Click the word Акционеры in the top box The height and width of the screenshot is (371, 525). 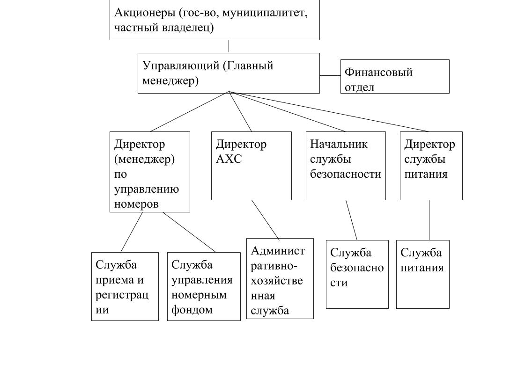point(145,13)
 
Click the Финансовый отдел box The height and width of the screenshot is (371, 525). point(395,76)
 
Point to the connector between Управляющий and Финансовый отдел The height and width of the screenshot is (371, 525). point(330,76)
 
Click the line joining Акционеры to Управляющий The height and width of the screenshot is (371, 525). point(229,46)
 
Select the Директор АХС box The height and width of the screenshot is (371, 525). point(251,166)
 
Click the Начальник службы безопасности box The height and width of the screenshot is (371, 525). point(346,166)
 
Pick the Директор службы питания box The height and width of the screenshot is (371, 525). point(431,166)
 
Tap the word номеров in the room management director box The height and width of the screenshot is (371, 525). point(136,204)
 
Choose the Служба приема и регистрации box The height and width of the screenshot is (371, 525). point(125,286)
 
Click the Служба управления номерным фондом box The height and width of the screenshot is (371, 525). point(204,286)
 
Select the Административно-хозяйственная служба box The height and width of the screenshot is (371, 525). point(280,278)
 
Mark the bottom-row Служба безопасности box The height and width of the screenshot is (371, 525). point(357,274)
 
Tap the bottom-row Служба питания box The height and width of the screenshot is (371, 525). point(423,274)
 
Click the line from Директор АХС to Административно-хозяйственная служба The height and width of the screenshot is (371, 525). point(266,220)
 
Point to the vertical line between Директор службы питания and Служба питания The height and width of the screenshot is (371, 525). point(429,220)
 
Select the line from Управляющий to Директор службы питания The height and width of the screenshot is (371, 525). point(329,111)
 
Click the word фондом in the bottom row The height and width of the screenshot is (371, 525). point(192,310)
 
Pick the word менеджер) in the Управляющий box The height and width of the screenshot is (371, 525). point(170,80)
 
